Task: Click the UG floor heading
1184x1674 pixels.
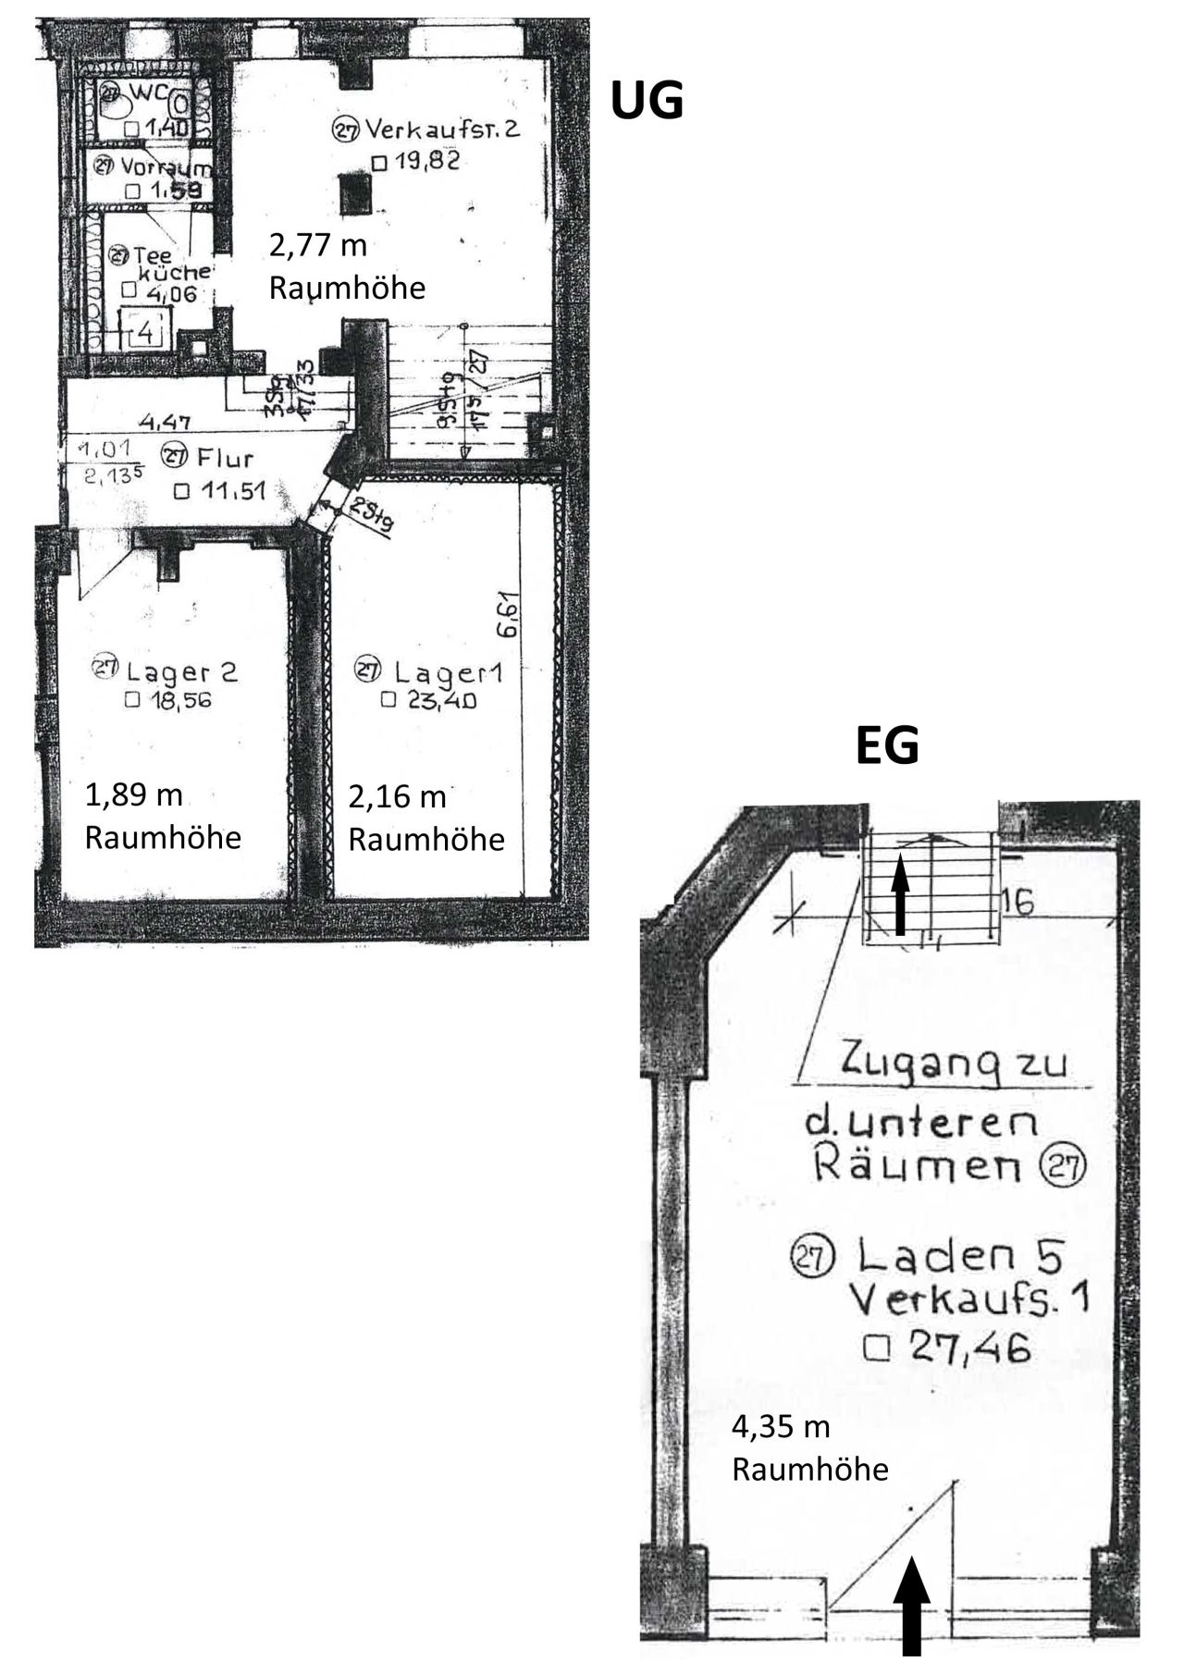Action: coord(647,100)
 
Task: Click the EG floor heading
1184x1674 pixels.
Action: coord(886,746)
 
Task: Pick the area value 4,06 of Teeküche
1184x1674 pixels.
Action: coord(166,291)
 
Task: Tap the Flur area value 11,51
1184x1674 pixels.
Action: coord(231,491)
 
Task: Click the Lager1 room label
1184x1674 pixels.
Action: coord(444,671)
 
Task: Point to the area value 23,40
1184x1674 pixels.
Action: coord(441,700)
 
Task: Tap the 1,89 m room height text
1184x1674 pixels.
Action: coord(134,794)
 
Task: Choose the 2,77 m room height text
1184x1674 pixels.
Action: coord(318,246)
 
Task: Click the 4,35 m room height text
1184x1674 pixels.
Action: coord(781,1427)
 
